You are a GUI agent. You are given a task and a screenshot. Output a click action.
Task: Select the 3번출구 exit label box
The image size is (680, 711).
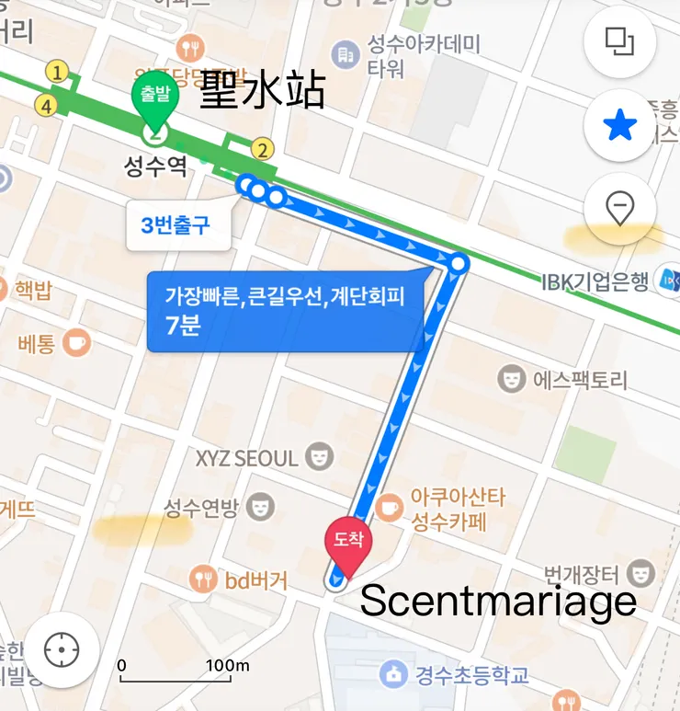point(177,225)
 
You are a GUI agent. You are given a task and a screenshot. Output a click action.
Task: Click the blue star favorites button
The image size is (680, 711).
point(620,126)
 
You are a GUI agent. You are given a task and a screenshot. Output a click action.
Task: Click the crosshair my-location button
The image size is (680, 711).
point(62,650)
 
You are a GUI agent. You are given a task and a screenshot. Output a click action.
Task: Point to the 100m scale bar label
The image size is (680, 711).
point(227,665)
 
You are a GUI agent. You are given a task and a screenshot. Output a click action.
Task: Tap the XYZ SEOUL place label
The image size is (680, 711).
point(248,457)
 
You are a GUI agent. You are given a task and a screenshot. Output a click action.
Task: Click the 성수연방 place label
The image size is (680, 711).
point(201,506)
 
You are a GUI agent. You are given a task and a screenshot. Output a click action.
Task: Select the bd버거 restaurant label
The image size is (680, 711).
point(255,580)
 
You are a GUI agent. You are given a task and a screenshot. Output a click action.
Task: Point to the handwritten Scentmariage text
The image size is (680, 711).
point(497,601)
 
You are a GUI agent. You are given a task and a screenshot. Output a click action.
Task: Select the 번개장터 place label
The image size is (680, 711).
point(579,576)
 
